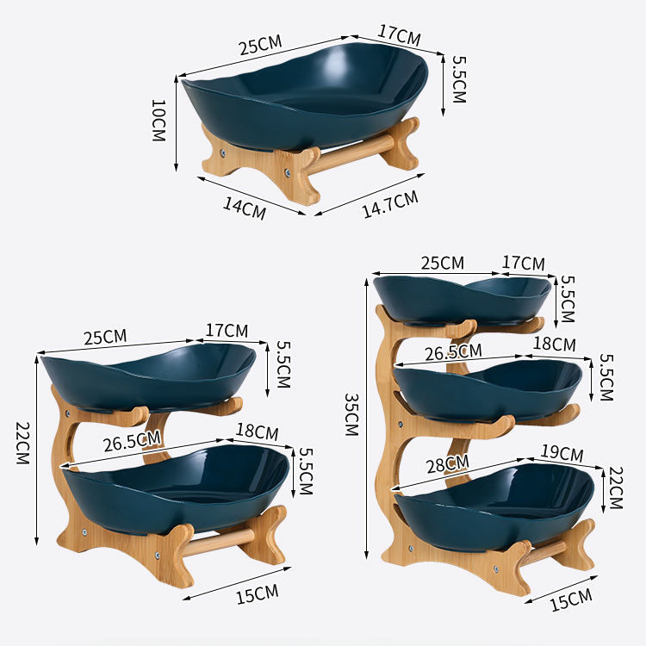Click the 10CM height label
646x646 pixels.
pos(158,121)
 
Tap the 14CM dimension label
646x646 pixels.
pos(245,208)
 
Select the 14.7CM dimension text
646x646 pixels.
pos(390,204)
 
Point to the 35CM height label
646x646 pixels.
pos(351,414)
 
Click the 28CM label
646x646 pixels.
pos(447,464)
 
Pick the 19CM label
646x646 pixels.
pos(562,453)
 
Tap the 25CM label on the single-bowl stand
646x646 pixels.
pos(260,45)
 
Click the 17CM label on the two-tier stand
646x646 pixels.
pos(227,330)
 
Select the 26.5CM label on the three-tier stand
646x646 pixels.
pos(453,352)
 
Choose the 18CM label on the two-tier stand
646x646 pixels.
pos(257,432)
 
